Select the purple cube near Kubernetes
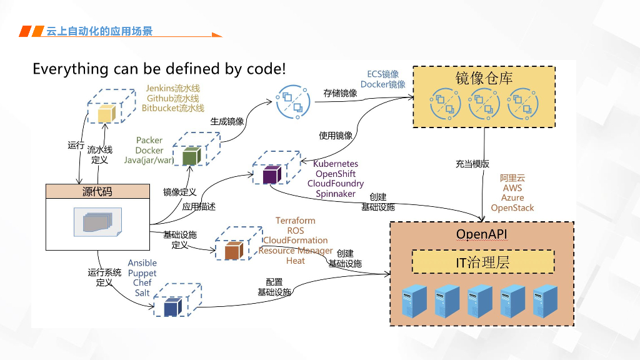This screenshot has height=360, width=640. point(271,175)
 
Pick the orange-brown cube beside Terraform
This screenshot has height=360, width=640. point(232,251)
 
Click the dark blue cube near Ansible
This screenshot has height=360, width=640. point(172,307)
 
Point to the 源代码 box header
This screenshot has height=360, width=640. point(97,191)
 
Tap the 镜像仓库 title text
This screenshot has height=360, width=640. point(484,78)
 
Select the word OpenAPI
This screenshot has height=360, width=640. point(482,234)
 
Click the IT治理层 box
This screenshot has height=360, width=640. point(482,262)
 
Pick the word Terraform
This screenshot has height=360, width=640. point(296,221)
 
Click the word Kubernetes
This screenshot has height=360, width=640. point(336,164)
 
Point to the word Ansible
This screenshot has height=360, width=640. point(142,263)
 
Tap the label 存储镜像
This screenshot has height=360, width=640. point(340,93)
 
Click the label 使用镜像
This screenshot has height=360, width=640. point(336,136)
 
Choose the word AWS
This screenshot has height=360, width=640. point(512,188)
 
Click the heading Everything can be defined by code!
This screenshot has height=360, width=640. point(159,69)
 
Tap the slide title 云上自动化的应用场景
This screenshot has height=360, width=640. point(99,31)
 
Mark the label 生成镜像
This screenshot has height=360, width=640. point(227,121)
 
